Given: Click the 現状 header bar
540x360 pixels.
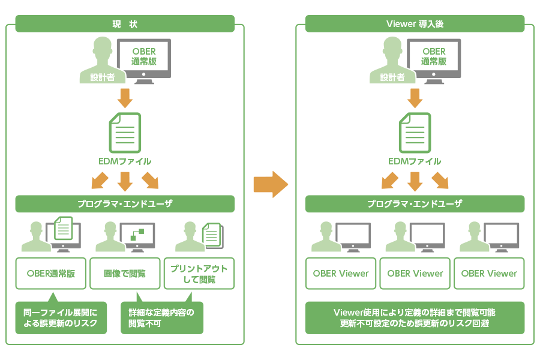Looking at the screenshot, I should coord(125,24).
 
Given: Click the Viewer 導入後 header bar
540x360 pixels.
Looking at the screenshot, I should coord(415,24).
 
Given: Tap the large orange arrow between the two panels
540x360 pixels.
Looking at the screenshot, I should coord(271,184).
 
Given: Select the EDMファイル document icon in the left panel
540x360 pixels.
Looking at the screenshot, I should coord(125,133).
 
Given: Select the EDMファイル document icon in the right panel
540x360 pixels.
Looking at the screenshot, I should coord(415,133).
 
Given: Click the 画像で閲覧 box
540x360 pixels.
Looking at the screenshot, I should coord(125,274).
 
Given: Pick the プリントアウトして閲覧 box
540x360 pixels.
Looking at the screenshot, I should coord(199,274).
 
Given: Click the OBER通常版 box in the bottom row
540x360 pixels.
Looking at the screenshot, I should coord(51,274).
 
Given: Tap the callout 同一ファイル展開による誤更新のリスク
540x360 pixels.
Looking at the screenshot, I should coord(61,318).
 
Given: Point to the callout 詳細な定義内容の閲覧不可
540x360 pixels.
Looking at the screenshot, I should coord(162,318).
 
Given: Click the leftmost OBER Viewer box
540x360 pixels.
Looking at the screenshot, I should coord(341,274).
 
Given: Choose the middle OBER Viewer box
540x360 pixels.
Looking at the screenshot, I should coord(415,274).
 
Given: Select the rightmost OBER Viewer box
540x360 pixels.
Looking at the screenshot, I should coord(489,274).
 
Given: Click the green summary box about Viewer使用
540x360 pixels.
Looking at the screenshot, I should coord(415,318).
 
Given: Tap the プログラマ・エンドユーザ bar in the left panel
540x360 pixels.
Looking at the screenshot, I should coord(125,204).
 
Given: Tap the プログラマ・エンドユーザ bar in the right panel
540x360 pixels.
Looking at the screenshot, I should coord(415,204).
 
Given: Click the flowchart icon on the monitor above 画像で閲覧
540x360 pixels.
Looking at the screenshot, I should coord(138,235).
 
